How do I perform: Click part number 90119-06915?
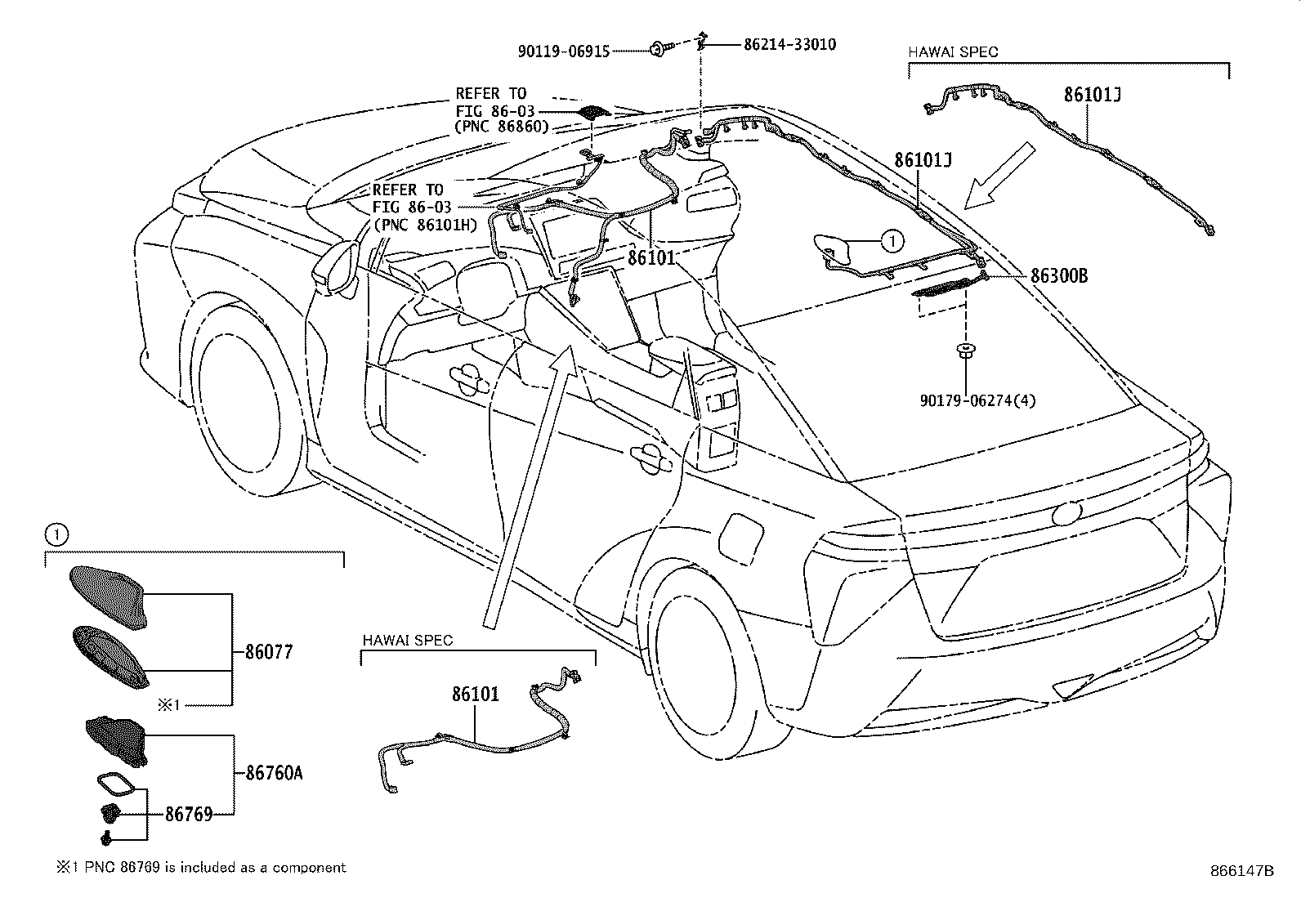coord(564,51)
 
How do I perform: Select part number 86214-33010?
coord(789,45)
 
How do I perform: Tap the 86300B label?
coord(1058,276)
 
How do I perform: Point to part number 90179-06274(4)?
coord(977,400)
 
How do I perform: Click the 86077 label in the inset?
coord(269,652)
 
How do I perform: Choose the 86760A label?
coord(274,772)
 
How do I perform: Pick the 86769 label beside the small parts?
coord(188,814)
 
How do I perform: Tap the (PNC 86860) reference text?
coord(503,127)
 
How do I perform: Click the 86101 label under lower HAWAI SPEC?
coord(475,695)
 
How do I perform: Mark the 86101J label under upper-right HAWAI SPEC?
coord(1092,95)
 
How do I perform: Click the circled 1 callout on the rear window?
coord(892,240)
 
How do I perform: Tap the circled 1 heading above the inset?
coord(55,535)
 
